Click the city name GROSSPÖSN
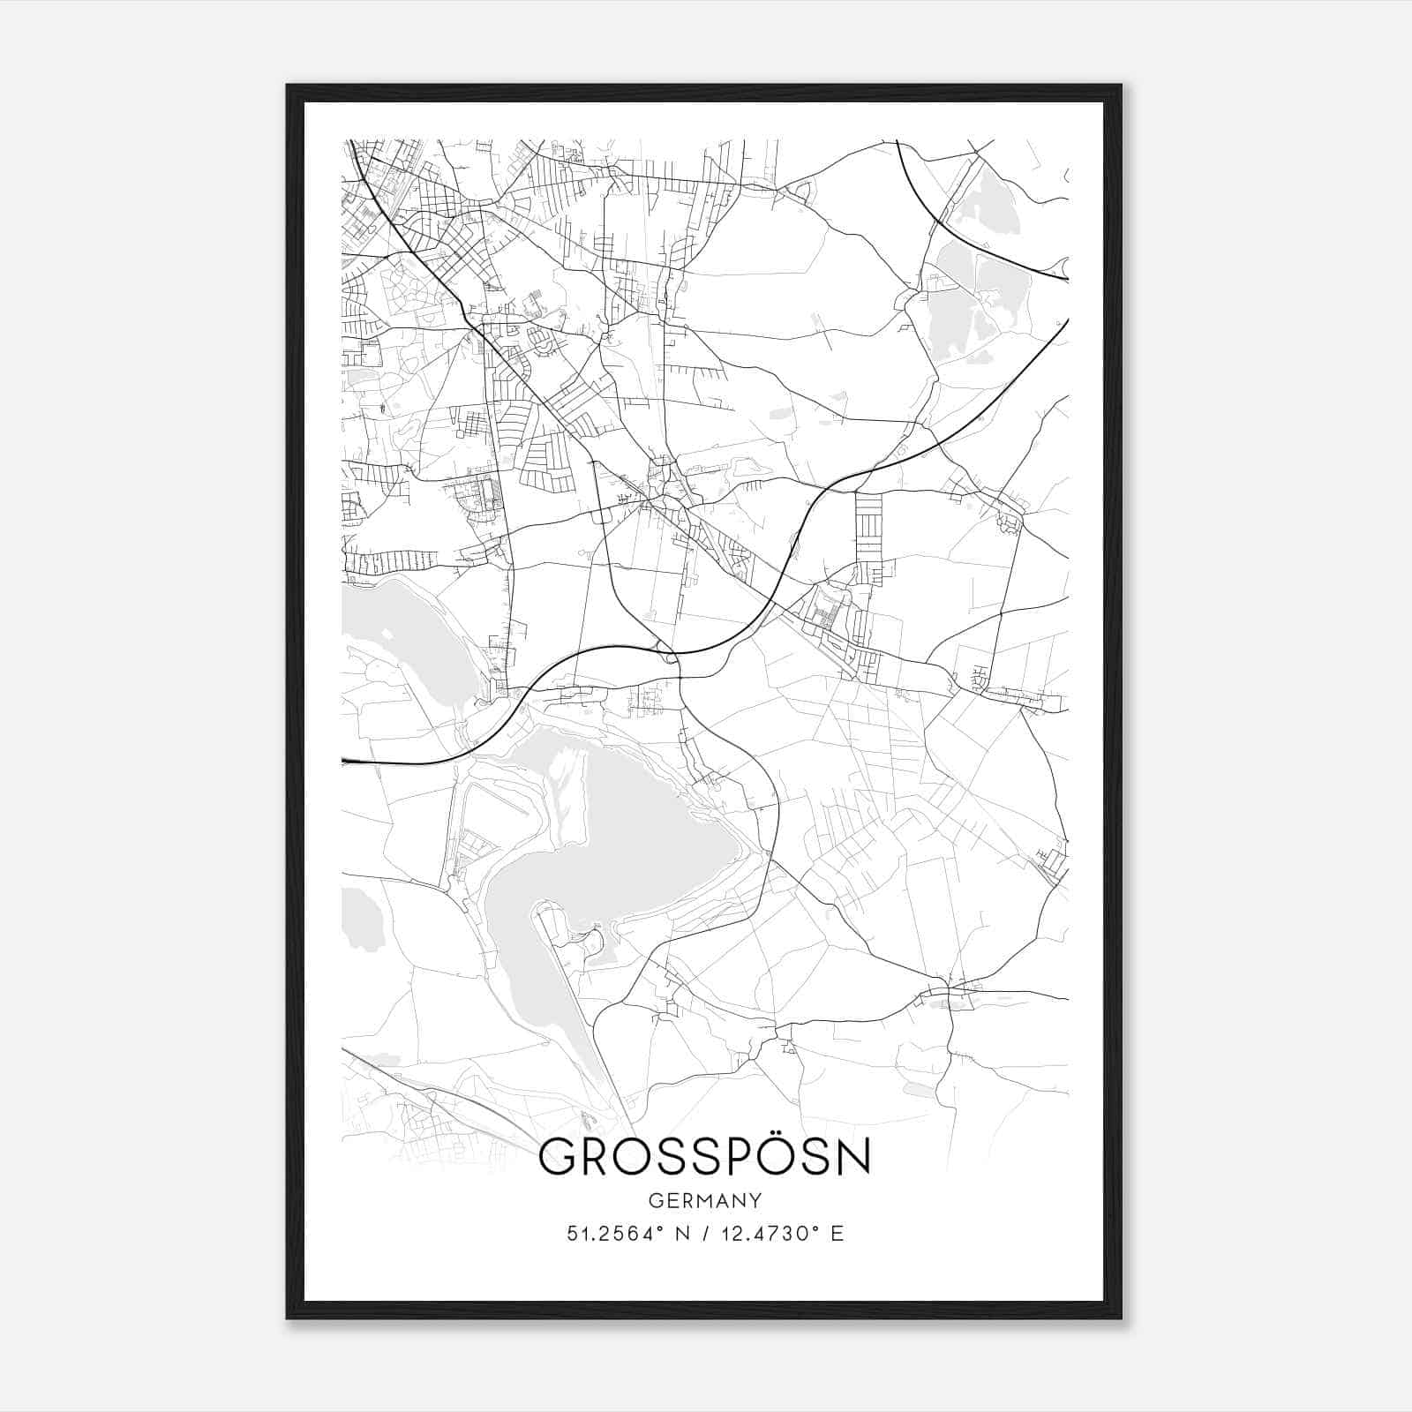tap(704, 1157)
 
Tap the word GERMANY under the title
tap(704, 1201)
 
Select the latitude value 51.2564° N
tap(626, 1234)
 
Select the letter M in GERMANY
tap(702, 1201)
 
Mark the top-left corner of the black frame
tap(288, 86)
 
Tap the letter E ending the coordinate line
tap(837, 1234)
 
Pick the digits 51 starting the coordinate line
tap(576, 1234)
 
